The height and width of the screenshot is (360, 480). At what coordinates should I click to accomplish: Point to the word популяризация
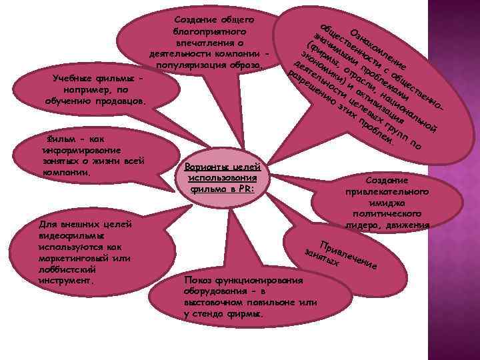190,66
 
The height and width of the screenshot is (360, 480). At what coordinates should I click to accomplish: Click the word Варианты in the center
201,167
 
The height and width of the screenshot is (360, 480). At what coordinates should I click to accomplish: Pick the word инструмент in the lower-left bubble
66,281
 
